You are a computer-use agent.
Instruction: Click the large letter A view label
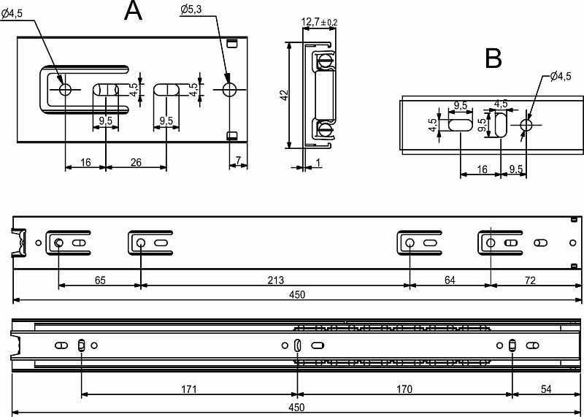click(x=134, y=10)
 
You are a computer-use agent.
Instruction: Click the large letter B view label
click(x=493, y=59)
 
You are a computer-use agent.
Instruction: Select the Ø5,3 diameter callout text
click(x=191, y=10)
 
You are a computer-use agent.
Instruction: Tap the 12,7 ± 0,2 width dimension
click(x=319, y=23)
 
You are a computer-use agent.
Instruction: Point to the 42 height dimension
click(x=285, y=96)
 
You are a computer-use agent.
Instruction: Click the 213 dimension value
click(x=276, y=280)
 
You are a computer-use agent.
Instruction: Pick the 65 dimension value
click(x=100, y=280)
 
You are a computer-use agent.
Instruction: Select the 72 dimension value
click(x=530, y=280)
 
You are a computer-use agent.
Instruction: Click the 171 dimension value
click(x=189, y=389)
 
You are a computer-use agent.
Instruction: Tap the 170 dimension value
click(x=404, y=389)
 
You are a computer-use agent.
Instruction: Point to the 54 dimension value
click(x=546, y=389)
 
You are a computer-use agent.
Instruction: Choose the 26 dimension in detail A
click(x=136, y=162)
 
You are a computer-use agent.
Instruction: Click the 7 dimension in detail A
click(x=239, y=161)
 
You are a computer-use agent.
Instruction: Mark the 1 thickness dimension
click(x=318, y=163)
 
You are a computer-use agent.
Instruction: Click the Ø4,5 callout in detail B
click(x=561, y=77)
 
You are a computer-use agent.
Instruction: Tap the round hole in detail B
click(x=526, y=125)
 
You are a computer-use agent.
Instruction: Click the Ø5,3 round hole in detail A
click(x=230, y=89)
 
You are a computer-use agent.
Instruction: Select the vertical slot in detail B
click(x=501, y=125)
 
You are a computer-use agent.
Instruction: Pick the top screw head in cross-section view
click(x=325, y=59)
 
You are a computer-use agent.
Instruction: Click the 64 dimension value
click(x=450, y=280)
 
